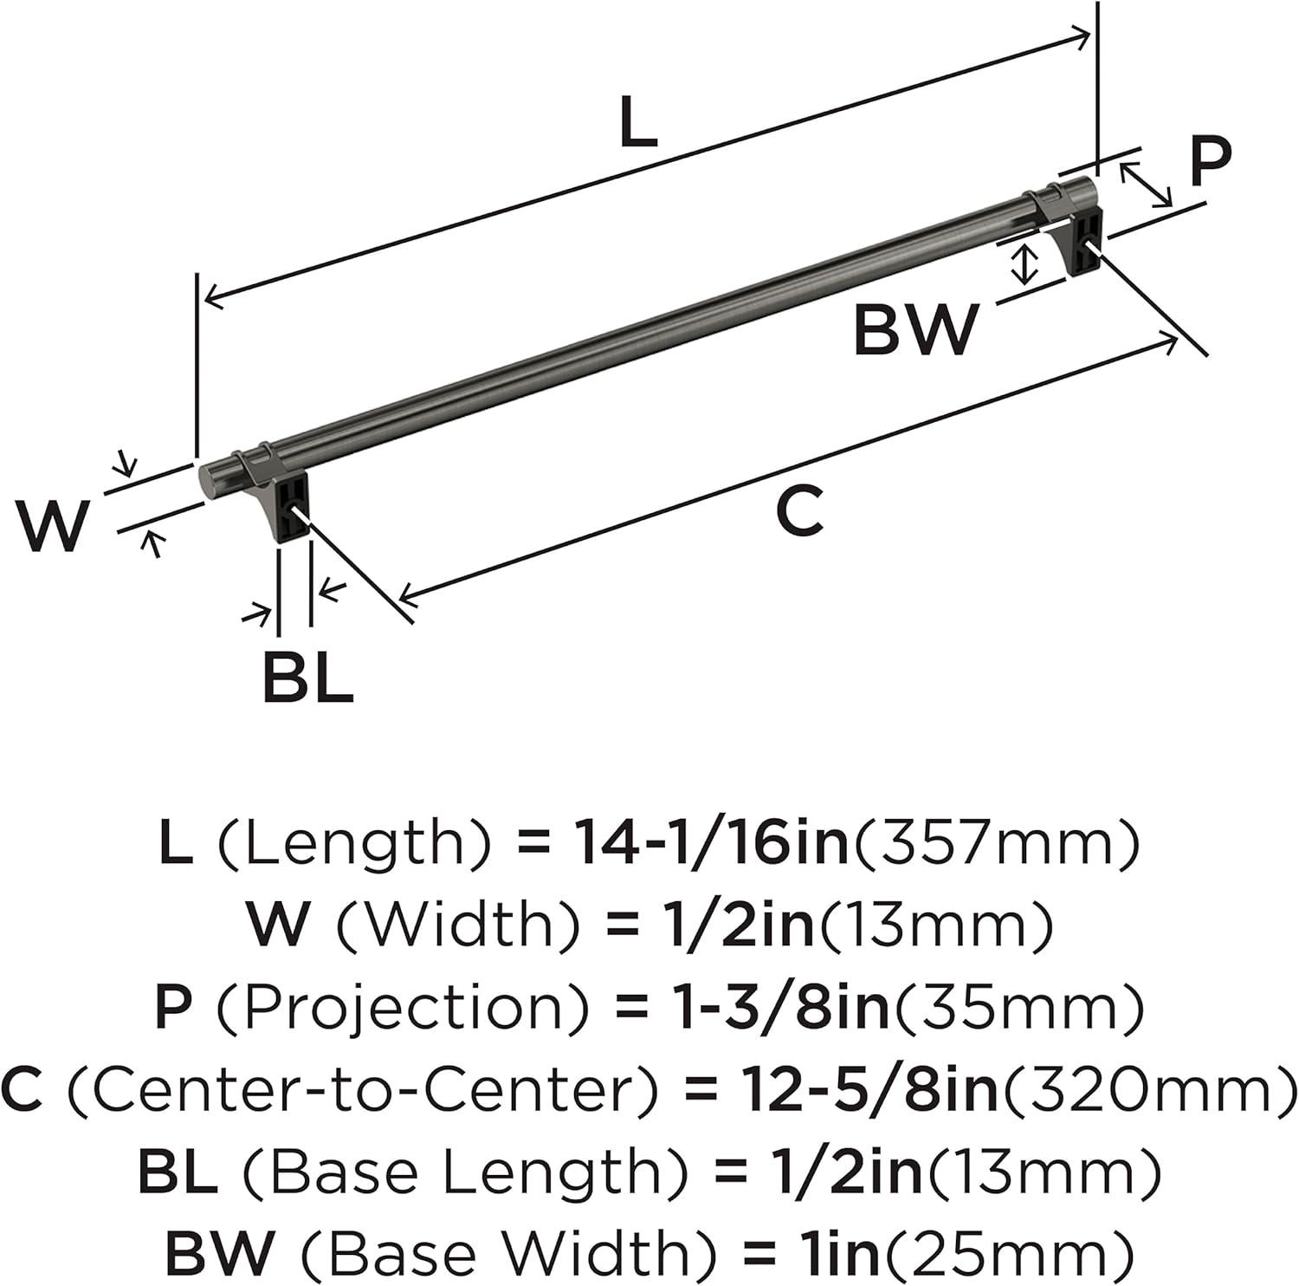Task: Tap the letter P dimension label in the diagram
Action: [x=1209, y=162]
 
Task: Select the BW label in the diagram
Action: [x=915, y=330]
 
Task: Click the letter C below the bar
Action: [x=798, y=511]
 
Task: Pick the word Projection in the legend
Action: [x=402, y=1006]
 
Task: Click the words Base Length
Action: [x=464, y=1171]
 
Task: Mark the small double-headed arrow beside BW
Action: [x=1024, y=264]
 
